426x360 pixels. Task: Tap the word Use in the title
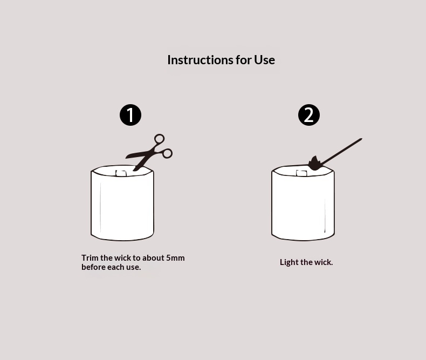coord(264,60)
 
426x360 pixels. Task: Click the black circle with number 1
coord(130,115)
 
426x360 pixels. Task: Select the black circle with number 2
coord(309,115)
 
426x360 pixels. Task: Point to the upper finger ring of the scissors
coord(159,139)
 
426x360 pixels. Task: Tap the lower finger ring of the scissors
coord(167,154)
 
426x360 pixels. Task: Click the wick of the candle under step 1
coord(121,173)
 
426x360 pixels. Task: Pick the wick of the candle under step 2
coord(301,173)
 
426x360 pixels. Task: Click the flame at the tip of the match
coord(315,164)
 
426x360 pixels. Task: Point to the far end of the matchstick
coord(361,139)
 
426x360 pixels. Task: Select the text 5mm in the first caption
coord(175,258)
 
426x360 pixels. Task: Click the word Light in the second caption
coord(289,262)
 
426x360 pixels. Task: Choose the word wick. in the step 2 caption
coord(324,262)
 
